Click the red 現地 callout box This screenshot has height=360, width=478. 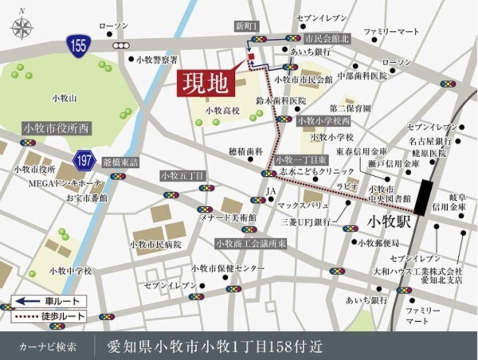[206, 83]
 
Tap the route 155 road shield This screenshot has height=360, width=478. [79, 45]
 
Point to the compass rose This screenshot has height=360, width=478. [22, 28]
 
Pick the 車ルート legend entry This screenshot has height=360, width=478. [49, 301]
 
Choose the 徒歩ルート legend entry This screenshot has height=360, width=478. [49, 315]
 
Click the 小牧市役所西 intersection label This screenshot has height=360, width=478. [57, 128]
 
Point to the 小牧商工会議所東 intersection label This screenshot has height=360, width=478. [251, 243]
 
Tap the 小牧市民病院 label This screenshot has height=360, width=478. [156, 245]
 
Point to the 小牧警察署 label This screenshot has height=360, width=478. [157, 59]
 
